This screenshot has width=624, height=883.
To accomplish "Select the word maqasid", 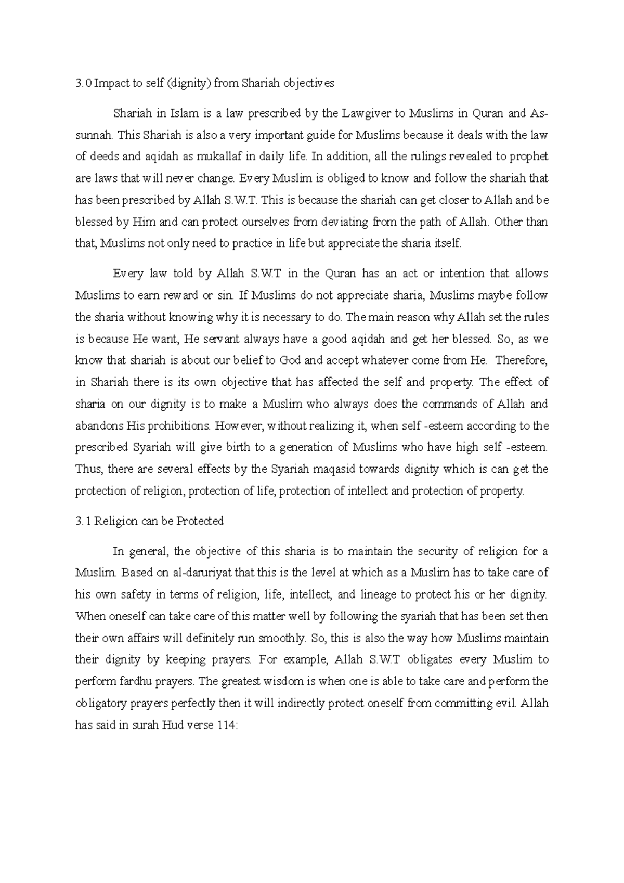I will tap(331, 469).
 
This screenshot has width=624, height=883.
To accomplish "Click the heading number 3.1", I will tap(83, 521).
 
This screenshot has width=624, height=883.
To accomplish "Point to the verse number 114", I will tap(228, 725).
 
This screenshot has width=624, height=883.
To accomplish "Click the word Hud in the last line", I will tap(171, 725).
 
